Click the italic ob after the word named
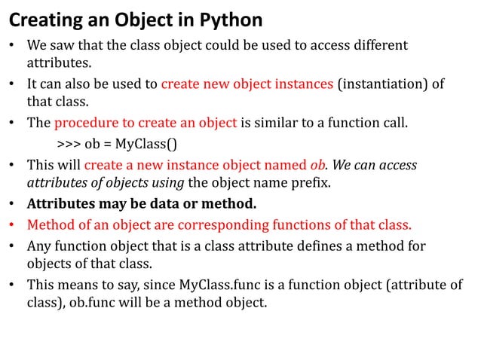click(x=318, y=164)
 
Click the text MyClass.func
click(x=216, y=286)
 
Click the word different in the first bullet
click(x=378, y=44)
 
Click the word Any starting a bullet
click(x=39, y=246)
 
